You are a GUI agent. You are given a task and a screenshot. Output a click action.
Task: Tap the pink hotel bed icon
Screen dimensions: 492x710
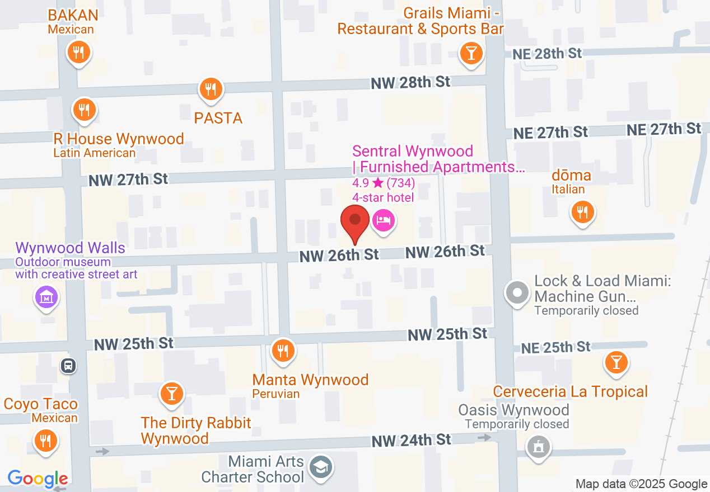click(383, 220)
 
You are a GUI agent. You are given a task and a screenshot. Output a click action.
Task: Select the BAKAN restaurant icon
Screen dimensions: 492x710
click(79, 53)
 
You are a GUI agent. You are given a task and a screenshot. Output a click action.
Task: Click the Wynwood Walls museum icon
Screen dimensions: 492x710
click(47, 297)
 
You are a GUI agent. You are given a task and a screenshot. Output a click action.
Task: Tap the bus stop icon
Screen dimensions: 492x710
click(68, 366)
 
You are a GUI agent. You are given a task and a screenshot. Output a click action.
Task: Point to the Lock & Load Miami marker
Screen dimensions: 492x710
click(517, 292)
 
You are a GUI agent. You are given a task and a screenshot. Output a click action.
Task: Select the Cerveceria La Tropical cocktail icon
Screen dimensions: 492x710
click(616, 363)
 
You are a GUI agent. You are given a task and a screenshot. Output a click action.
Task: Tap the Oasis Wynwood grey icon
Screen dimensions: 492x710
click(539, 446)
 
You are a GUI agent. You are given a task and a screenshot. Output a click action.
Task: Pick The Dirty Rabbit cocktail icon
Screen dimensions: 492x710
click(171, 394)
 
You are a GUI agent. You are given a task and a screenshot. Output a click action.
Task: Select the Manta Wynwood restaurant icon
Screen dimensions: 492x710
click(283, 351)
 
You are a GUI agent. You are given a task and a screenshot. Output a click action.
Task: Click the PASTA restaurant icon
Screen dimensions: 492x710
click(211, 89)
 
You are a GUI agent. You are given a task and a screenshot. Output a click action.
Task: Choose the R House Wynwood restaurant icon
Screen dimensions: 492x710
click(84, 110)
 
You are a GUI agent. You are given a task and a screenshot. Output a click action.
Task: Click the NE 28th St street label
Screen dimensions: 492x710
click(548, 54)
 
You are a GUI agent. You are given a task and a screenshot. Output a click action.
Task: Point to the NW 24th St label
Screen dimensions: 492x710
click(412, 440)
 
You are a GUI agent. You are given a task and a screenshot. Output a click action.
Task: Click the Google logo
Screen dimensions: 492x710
click(38, 479)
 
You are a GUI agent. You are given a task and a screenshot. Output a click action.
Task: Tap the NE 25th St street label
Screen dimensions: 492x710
click(555, 347)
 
